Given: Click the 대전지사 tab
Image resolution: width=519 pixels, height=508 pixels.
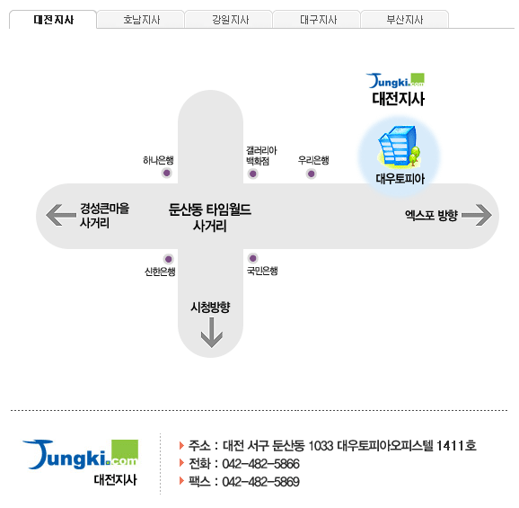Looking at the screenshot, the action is (53, 20).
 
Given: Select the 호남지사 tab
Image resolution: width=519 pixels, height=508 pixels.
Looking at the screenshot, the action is (141, 20).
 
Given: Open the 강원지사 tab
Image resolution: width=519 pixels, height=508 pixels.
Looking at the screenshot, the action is (229, 20).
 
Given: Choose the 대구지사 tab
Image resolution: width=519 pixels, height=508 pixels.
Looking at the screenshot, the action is (318, 20).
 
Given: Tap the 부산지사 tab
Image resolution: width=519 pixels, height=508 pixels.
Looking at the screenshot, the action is (405, 20).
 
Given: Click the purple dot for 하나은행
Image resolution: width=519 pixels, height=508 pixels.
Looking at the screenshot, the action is (167, 173).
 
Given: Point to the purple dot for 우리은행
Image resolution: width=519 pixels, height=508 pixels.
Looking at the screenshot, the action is (312, 174).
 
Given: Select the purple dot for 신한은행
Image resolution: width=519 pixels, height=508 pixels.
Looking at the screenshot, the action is (169, 259).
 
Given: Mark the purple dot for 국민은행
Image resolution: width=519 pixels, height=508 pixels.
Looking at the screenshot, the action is (253, 258).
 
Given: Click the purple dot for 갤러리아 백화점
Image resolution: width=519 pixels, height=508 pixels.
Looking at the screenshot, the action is (253, 174).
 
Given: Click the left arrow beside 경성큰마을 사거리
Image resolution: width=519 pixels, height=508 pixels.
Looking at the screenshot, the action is (60, 215).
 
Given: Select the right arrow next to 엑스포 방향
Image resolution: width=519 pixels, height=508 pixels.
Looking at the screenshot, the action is (477, 215).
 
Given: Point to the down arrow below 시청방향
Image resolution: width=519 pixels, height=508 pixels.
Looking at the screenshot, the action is (212, 333).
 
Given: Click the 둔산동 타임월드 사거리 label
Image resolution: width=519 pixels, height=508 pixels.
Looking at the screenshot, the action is (210, 218).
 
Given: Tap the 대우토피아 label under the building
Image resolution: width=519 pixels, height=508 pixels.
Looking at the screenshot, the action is (400, 179).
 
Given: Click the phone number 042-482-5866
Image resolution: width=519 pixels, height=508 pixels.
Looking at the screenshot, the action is (260, 464).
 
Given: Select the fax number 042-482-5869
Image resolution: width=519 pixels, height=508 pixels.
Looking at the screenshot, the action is (260, 482).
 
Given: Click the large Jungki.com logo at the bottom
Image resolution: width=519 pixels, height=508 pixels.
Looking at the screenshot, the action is (80, 455).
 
